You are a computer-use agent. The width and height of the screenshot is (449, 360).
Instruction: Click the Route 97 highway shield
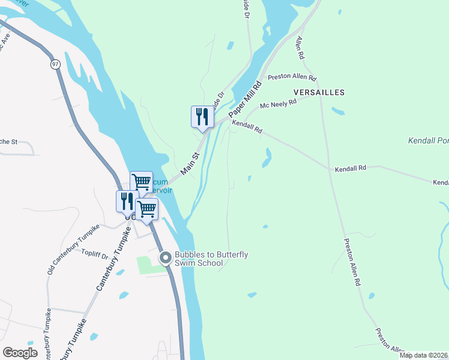click(56, 64)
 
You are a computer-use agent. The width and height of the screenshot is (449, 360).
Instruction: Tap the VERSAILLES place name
click(319, 92)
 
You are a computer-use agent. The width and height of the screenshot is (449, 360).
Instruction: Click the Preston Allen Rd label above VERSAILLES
click(292, 77)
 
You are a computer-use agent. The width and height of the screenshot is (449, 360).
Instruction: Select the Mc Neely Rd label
click(278, 104)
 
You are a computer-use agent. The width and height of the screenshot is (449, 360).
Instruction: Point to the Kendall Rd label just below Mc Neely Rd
click(247, 125)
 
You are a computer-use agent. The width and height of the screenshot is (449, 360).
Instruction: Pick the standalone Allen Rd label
click(301, 47)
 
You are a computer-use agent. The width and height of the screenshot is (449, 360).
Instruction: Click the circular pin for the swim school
click(166, 258)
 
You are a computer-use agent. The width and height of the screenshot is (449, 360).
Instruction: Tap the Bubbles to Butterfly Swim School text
click(211, 259)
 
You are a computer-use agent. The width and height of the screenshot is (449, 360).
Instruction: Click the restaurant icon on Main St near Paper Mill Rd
click(202, 116)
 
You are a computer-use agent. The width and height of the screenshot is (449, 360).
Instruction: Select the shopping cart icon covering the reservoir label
click(141, 181)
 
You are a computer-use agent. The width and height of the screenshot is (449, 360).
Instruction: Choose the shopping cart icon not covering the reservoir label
click(146, 209)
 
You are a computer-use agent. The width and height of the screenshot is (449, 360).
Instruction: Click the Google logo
click(20, 353)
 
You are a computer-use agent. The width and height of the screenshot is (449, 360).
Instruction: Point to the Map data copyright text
click(423, 355)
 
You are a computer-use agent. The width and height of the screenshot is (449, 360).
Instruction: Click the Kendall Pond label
click(428, 140)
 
